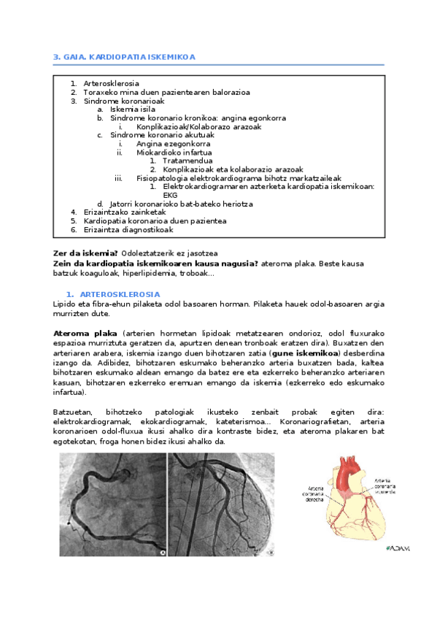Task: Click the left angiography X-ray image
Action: point(114,505)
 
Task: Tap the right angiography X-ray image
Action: point(223,505)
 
